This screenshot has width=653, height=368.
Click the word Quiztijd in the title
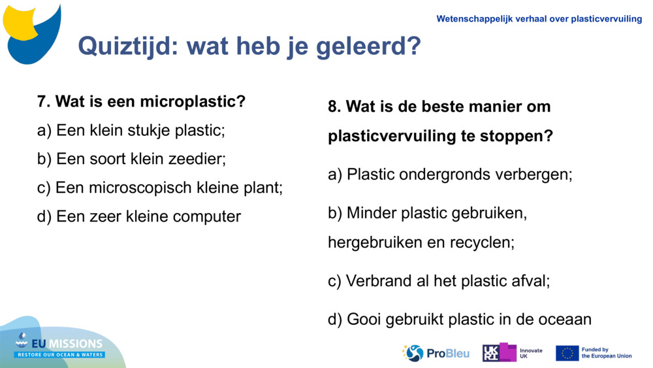pyautogui.click(x=129, y=46)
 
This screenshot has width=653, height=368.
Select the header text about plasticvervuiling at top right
pyautogui.click(x=539, y=19)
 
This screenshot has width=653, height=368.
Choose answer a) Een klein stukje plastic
pyautogui.click(x=131, y=130)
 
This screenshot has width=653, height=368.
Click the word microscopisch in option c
pyautogui.click(x=143, y=188)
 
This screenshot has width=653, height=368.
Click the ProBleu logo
pyautogui.click(x=436, y=353)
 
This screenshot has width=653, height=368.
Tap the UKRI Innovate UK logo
pyautogui.click(x=513, y=353)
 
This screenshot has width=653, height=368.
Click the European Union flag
pyautogui.click(x=567, y=353)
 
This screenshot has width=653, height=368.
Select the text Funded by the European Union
pyautogui.click(x=607, y=353)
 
